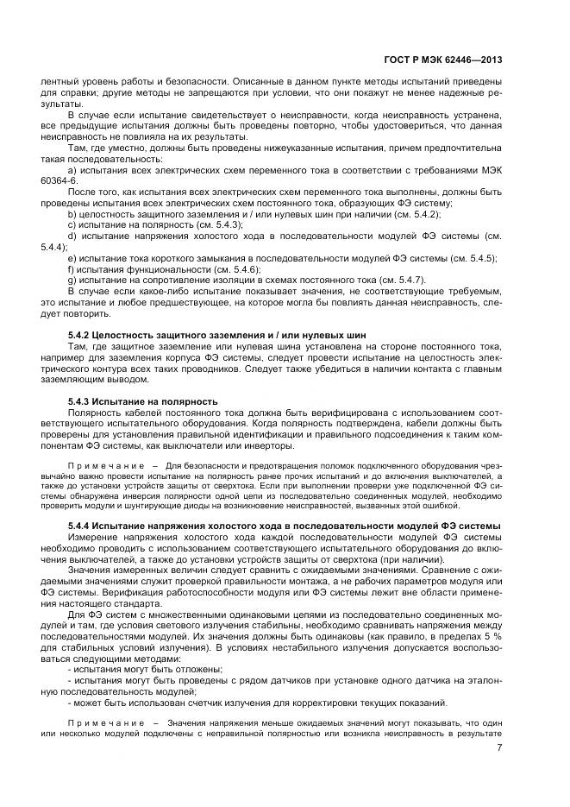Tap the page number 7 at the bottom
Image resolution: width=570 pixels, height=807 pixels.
point(500,746)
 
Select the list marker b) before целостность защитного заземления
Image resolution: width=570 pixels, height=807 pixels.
point(72,213)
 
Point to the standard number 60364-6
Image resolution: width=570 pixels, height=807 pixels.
point(59,181)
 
